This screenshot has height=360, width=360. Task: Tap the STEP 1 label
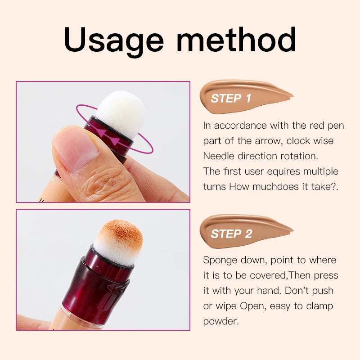pyautogui.click(x=231, y=99)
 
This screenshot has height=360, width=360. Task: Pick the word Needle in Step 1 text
pyautogui.click(x=218, y=156)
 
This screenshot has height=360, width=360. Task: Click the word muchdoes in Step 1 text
pyautogui.click(x=274, y=187)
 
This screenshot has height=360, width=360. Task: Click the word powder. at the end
pyautogui.click(x=221, y=321)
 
